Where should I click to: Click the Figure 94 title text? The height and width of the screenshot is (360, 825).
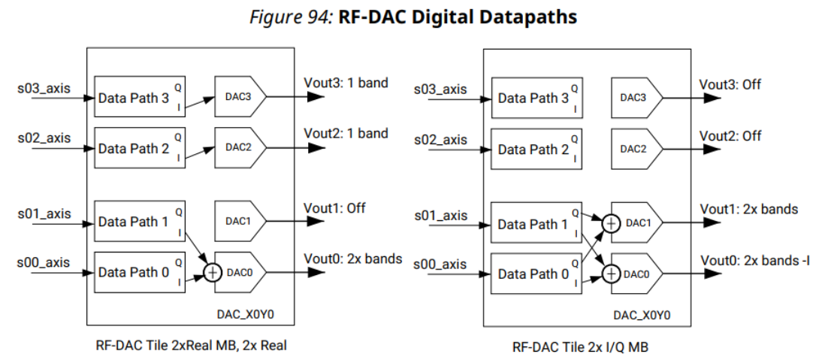click(412, 17)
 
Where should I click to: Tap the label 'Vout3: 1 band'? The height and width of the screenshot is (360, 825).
click(346, 83)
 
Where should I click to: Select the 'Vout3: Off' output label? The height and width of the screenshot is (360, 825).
click(730, 85)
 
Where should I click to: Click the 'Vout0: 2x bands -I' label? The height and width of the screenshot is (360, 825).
click(754, 261)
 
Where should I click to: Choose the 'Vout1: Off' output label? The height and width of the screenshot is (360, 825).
click(334, 208)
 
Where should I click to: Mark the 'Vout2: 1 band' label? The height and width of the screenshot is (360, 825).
click(346, 134)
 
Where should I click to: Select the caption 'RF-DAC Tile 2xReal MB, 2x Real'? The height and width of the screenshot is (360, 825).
click(189, 345)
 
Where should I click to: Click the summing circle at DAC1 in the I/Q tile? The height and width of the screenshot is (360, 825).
click(612, 223)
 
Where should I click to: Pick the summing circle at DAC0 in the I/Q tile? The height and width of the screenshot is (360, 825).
click(612, 274)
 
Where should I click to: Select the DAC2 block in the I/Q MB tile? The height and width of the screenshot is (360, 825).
click(633, 148)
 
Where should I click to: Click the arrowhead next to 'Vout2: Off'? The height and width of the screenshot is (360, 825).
click(712, 149)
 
